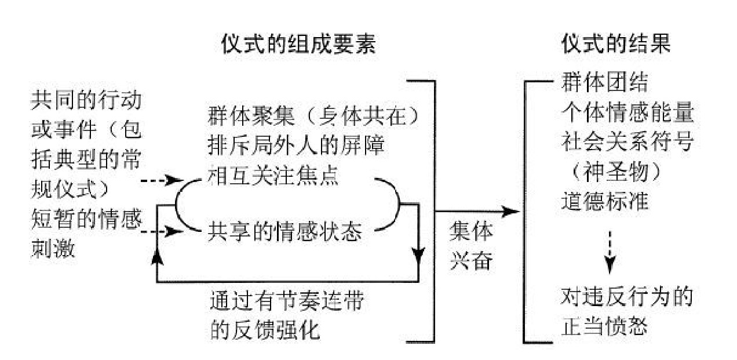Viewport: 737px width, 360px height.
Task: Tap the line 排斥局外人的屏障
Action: pos(295,146)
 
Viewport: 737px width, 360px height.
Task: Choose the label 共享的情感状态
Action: pos(284,233)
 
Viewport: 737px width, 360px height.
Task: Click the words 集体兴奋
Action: pos(471,247)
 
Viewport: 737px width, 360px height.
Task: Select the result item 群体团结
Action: pos(604,83)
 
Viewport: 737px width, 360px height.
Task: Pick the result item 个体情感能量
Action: pos(627,113)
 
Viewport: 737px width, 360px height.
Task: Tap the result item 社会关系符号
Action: pos(627,143)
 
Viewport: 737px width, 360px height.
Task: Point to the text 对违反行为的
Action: pos(627,298)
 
